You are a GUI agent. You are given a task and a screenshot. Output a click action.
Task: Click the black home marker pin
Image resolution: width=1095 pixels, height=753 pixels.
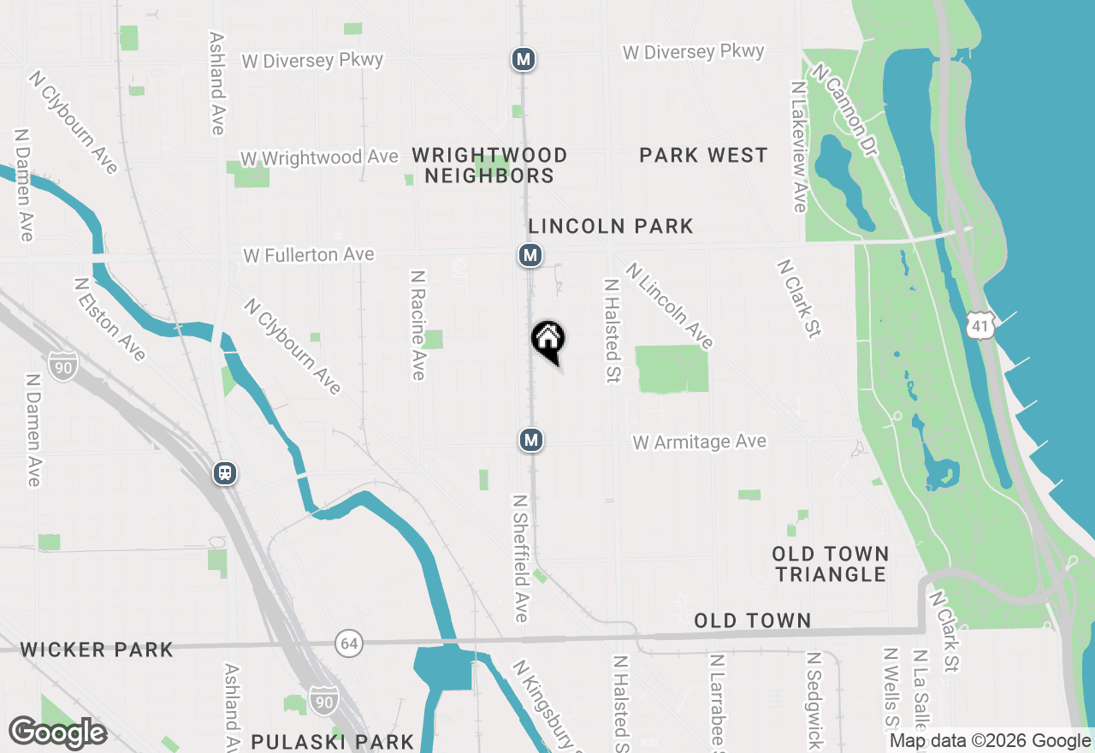[547, 341]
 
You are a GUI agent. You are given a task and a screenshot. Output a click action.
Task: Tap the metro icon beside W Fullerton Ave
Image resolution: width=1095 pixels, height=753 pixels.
[530, 254]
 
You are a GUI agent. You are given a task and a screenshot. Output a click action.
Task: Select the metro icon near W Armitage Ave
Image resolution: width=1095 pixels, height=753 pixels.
[530, 440]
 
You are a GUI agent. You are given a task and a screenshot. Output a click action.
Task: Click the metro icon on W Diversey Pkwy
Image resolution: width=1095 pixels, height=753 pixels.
[524, 59]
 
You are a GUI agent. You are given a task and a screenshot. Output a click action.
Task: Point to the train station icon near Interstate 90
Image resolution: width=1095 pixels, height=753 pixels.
[225, 472]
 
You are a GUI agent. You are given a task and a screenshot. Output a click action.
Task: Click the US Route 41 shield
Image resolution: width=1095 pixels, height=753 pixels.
[980, 325]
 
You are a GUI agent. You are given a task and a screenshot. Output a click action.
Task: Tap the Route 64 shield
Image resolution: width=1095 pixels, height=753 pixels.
[349, 643]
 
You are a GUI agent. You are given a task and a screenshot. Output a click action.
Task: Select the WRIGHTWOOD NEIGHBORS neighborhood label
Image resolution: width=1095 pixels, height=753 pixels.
[489, 165]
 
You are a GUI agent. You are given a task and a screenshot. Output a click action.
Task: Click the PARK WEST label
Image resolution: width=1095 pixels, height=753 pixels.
[703, 155]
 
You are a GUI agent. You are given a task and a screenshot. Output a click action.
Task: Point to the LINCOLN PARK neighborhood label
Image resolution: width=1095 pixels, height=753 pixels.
[611, 226]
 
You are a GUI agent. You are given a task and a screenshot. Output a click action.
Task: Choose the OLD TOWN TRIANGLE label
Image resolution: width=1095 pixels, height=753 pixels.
[831, 564]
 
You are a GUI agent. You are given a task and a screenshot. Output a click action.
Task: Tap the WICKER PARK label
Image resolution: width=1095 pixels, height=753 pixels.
[97, 649]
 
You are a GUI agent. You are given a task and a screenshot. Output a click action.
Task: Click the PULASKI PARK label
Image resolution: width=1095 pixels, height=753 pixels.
[332, 741]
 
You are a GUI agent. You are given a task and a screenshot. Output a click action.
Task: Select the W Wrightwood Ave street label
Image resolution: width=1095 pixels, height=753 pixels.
[319, 158]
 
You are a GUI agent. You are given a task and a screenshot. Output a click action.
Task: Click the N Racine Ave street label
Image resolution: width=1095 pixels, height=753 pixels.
[417, 325]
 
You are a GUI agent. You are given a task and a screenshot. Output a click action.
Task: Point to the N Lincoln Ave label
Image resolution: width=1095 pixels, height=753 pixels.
[669, 305]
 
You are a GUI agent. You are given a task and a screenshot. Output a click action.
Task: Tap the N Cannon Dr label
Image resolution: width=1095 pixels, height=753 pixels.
[846, 110]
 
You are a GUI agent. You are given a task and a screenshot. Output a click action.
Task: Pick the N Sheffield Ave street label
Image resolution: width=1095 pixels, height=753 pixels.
[520, 557]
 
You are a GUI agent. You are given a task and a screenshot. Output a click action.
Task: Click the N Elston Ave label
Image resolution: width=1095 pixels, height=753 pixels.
[109, 318]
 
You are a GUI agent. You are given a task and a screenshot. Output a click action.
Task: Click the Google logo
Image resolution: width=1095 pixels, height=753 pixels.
[58, 733]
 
